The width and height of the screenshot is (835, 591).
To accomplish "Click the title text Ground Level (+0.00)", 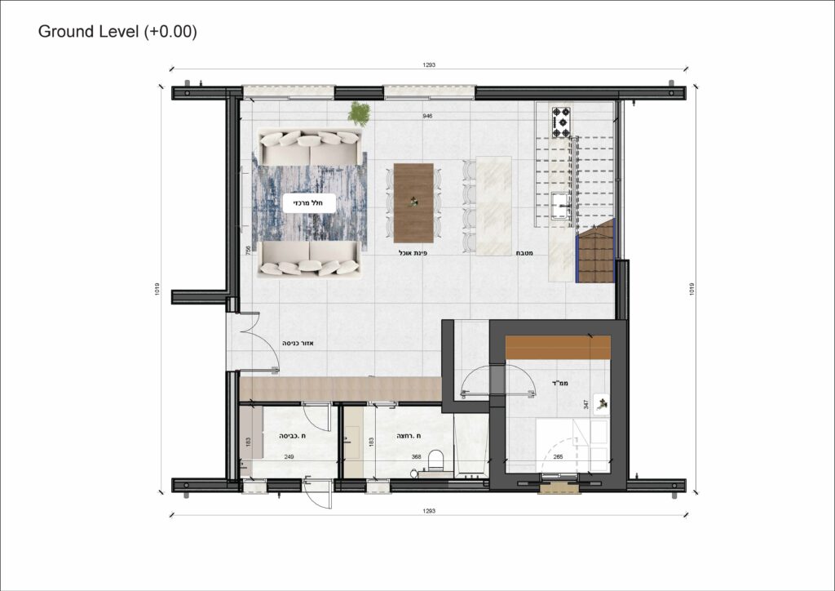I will point(117,32).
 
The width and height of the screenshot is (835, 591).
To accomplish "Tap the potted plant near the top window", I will point(359,113).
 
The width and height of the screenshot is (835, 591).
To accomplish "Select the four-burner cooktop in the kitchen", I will point(562,122).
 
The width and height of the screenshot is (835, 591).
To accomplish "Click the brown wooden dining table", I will point(413,202).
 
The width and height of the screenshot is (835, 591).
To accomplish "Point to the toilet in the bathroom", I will point(435,460).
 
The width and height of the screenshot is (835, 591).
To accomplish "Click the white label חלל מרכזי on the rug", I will point(308,203).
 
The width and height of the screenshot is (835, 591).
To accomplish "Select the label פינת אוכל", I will point(413,254).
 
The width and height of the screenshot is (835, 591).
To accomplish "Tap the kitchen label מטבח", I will point(524,254).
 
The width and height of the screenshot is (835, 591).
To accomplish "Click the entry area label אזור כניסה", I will point(298,344).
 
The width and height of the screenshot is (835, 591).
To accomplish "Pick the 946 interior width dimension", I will point(427,116).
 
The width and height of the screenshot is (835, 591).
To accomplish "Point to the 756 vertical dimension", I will point(246,251).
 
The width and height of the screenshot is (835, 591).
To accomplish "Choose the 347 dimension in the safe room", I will point(585,404).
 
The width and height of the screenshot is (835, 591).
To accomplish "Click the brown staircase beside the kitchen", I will point(597,252).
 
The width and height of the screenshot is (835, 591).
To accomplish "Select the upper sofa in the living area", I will point(309,147).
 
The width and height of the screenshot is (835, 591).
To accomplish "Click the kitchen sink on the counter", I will point(560,205).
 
